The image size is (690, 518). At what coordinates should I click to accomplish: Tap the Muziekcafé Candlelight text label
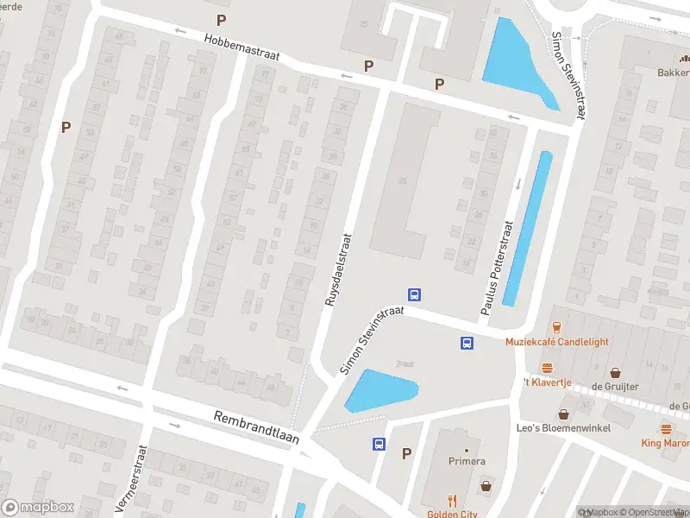556,342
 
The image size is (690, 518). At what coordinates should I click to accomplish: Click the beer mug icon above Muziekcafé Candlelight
556,327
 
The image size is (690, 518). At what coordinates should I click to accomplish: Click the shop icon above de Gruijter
615,373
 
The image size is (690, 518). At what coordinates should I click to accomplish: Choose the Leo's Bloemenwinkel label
562,429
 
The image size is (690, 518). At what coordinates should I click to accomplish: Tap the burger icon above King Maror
666,429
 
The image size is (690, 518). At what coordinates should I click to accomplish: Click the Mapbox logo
36,507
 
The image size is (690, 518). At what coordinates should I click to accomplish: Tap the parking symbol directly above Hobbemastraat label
222,20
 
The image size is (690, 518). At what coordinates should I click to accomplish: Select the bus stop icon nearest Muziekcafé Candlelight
467,343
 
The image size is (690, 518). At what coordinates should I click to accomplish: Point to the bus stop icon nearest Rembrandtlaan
379,444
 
